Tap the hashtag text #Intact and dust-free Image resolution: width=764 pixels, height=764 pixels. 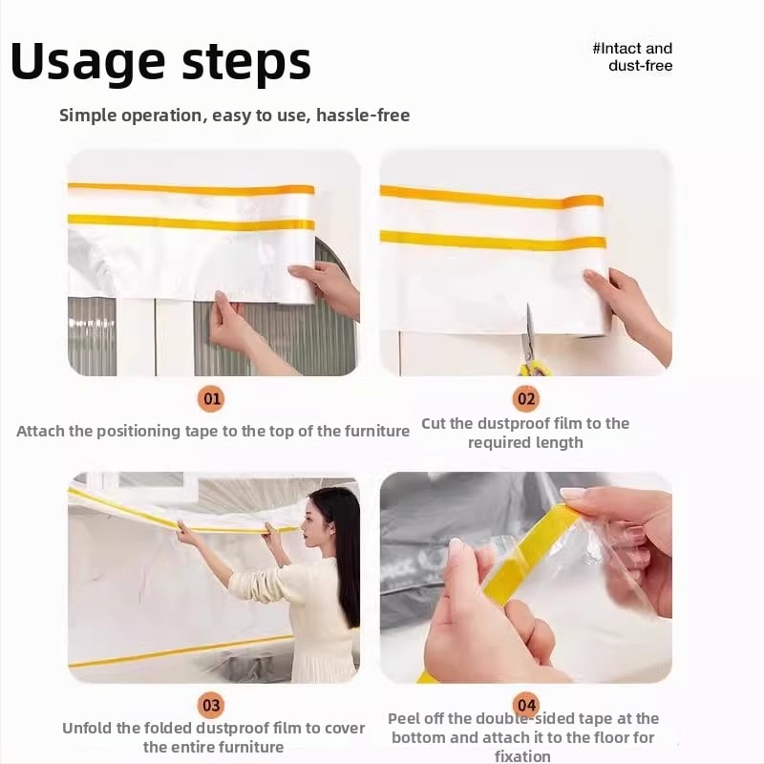[632, 56]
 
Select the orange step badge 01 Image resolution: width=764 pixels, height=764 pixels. [211, 398]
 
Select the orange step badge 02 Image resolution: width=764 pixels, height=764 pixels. [525, 398]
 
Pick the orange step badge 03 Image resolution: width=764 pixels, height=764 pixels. [211, 706]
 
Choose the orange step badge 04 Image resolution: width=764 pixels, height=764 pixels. [525, 706]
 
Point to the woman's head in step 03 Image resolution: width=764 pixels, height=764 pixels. [329, 516]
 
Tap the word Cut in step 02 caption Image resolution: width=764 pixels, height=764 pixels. [435, 423]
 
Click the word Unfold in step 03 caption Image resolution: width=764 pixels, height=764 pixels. [89, 728]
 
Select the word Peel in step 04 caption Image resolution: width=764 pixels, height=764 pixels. [406, 718]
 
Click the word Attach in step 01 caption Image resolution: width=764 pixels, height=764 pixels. [41, 431]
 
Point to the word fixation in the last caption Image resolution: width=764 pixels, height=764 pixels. [522, 756]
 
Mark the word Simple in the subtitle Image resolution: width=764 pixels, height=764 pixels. [86, 116]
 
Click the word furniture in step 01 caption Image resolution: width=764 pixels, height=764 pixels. [375, 431]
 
